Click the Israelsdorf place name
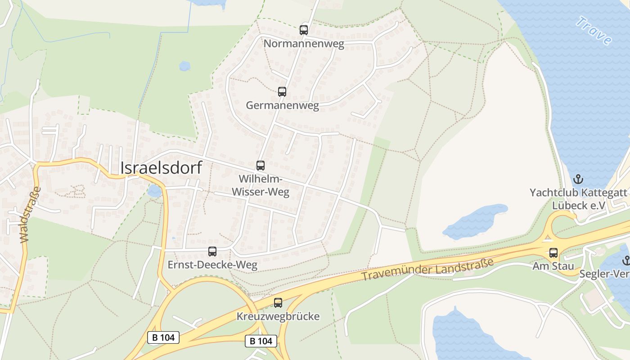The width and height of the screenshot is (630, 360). click(161, 167)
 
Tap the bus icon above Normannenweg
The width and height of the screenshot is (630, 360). click(304, 30)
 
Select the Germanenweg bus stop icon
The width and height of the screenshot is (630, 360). click(282, 92)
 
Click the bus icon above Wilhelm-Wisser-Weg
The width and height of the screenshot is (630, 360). click(261, 165)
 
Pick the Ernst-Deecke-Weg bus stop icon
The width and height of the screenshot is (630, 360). click(212, 252)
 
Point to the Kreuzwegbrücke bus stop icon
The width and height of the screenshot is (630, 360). click(278, 303)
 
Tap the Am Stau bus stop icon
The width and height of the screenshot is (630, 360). click(553, 253)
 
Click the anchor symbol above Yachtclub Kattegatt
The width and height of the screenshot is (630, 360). click(578, 179)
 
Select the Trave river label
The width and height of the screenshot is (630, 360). click(594, 30)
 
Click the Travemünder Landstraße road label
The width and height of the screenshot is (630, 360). click(427, 270)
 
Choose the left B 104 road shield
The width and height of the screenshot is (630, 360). click(163, 337)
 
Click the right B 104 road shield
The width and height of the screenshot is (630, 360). click(261, 341)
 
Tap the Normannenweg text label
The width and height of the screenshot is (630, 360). click(304, 44)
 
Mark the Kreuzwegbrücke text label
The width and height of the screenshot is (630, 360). click(278, 316)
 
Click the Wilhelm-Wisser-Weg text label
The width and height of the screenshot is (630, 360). click(261, 185)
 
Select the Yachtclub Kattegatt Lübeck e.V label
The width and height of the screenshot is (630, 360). click(578, 199)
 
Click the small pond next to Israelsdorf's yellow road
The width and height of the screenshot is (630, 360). click(154, 191)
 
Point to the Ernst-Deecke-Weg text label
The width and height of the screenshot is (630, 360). click(212, 265)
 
